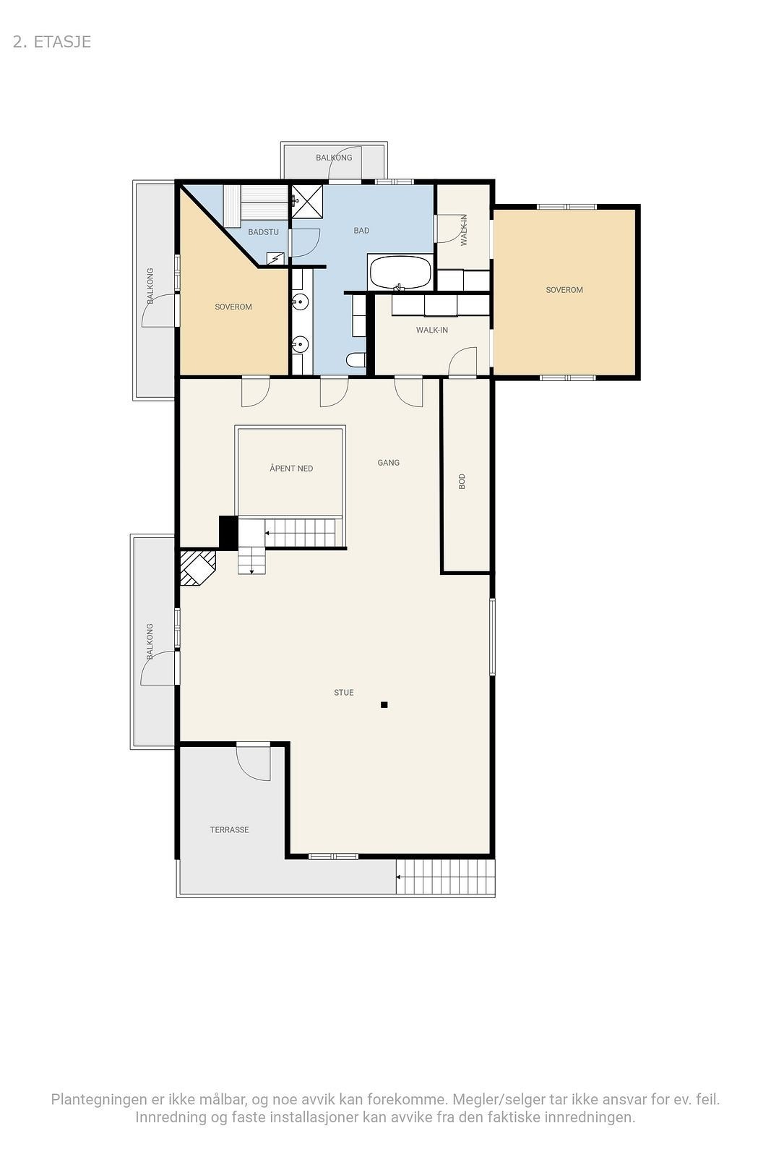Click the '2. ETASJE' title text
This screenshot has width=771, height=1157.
click(x=52, y=42)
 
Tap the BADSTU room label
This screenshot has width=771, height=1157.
click(x=263, y=232)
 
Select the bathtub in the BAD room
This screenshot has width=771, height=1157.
click(x=400, y=273)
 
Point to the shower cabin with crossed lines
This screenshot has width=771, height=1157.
click(x=307, y=201)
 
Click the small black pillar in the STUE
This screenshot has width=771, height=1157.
click(x=384, y=704)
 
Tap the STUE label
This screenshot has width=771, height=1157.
click(x=344, y=693)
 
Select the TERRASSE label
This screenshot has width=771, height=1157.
click(x=229, y=830)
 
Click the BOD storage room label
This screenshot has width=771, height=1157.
click(x=462, y=482)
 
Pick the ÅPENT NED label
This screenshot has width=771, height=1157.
click(x=291, y=469)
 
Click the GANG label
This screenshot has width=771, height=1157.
click(x=388, y=463)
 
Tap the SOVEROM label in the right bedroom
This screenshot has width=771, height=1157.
click(x=564, y=290)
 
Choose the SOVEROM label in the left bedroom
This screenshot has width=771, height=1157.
click(x=233, y=307)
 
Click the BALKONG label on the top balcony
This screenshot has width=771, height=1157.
click(x=334, y=158)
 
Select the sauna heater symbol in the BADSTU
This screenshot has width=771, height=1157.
click(x=275, y=258)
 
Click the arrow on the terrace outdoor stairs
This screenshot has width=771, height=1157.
click(x=399, y=878)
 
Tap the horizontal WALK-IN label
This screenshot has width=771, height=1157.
click(x=432, y=330)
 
